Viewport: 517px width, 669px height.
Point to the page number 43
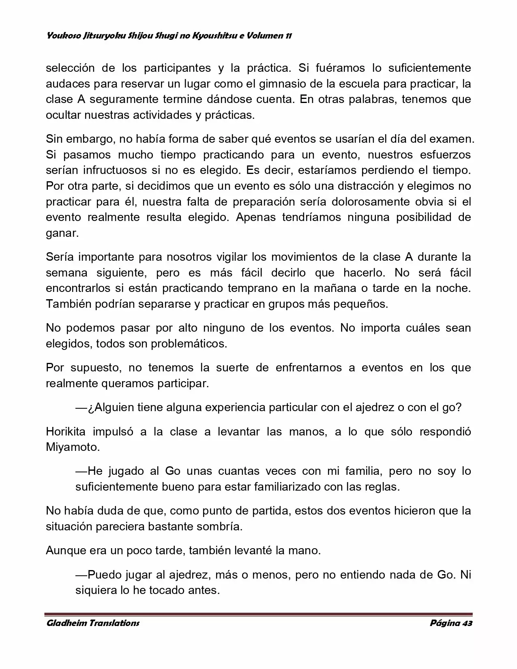(x=467, y=623)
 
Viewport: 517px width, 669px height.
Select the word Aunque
(x=66, y=550)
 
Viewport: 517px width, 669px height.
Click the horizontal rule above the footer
(x=258, y=614)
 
